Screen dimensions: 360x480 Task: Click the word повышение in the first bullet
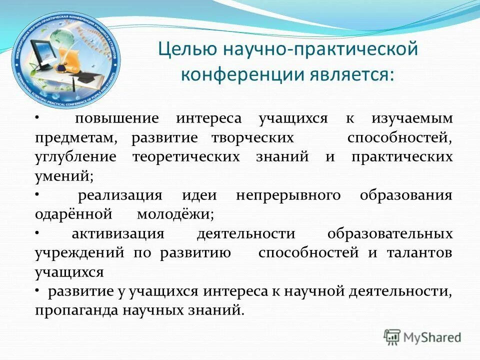tap(116, 119)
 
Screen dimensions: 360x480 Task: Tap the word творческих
tap(252, 137)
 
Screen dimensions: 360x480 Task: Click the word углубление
tap(75, 156)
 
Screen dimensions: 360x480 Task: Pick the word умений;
tap(64, 176)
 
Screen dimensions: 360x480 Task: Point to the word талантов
tap(419, 252)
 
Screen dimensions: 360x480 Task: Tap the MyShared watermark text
tap(432, 337)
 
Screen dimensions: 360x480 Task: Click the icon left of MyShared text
tap(392, 337)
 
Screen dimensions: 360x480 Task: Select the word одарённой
tap(72, 214)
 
